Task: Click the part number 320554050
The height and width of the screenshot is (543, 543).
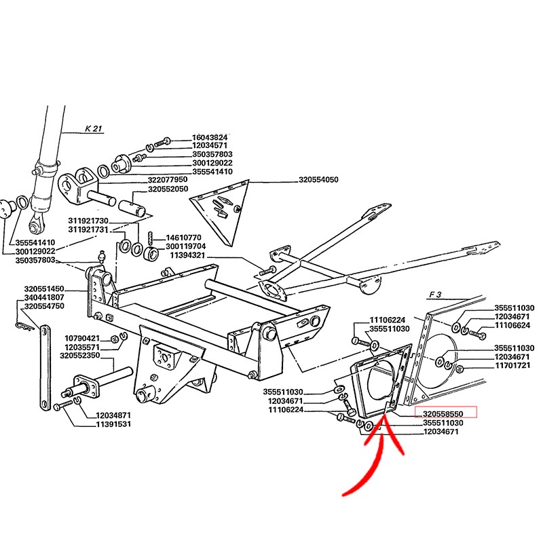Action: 318,180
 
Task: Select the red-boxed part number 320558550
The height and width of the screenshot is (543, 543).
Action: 443,414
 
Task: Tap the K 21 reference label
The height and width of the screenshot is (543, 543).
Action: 94,128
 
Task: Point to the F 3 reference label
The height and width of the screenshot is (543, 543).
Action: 435,295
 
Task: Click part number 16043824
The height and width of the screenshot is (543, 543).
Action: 210,138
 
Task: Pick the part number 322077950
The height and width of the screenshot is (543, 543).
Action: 168,180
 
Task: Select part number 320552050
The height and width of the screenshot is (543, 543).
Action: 168,189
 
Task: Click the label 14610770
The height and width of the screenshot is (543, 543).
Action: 183,238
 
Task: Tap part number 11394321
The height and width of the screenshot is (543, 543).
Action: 187,256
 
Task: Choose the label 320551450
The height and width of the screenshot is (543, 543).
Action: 44,289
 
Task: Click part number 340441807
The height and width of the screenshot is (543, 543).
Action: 44,297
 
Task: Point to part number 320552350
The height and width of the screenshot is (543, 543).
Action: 79,356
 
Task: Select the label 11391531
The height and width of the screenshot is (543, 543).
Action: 113,424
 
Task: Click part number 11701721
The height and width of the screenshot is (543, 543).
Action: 512,366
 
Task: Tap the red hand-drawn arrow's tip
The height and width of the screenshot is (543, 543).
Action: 383,417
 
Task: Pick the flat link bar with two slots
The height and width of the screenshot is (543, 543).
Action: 45,369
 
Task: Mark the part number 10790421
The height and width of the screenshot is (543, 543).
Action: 82,338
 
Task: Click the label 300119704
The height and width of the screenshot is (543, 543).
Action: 185,246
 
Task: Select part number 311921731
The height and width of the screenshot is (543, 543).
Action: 88,229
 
